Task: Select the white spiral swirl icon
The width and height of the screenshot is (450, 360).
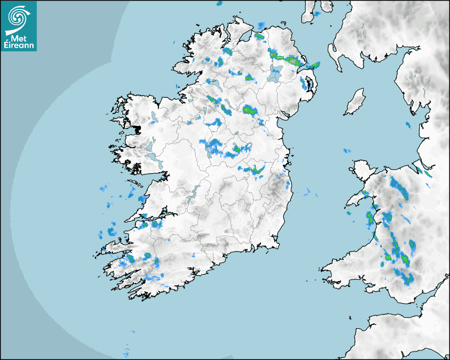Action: [x=16, y=19]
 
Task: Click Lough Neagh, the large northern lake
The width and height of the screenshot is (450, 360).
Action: [x=274, y=74]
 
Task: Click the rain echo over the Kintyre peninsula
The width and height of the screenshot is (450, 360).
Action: [x=317, y=13]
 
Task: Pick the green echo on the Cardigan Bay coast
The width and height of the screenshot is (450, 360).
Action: [x=370, y=217]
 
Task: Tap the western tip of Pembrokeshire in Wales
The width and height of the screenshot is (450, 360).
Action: [x=322, y=269]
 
